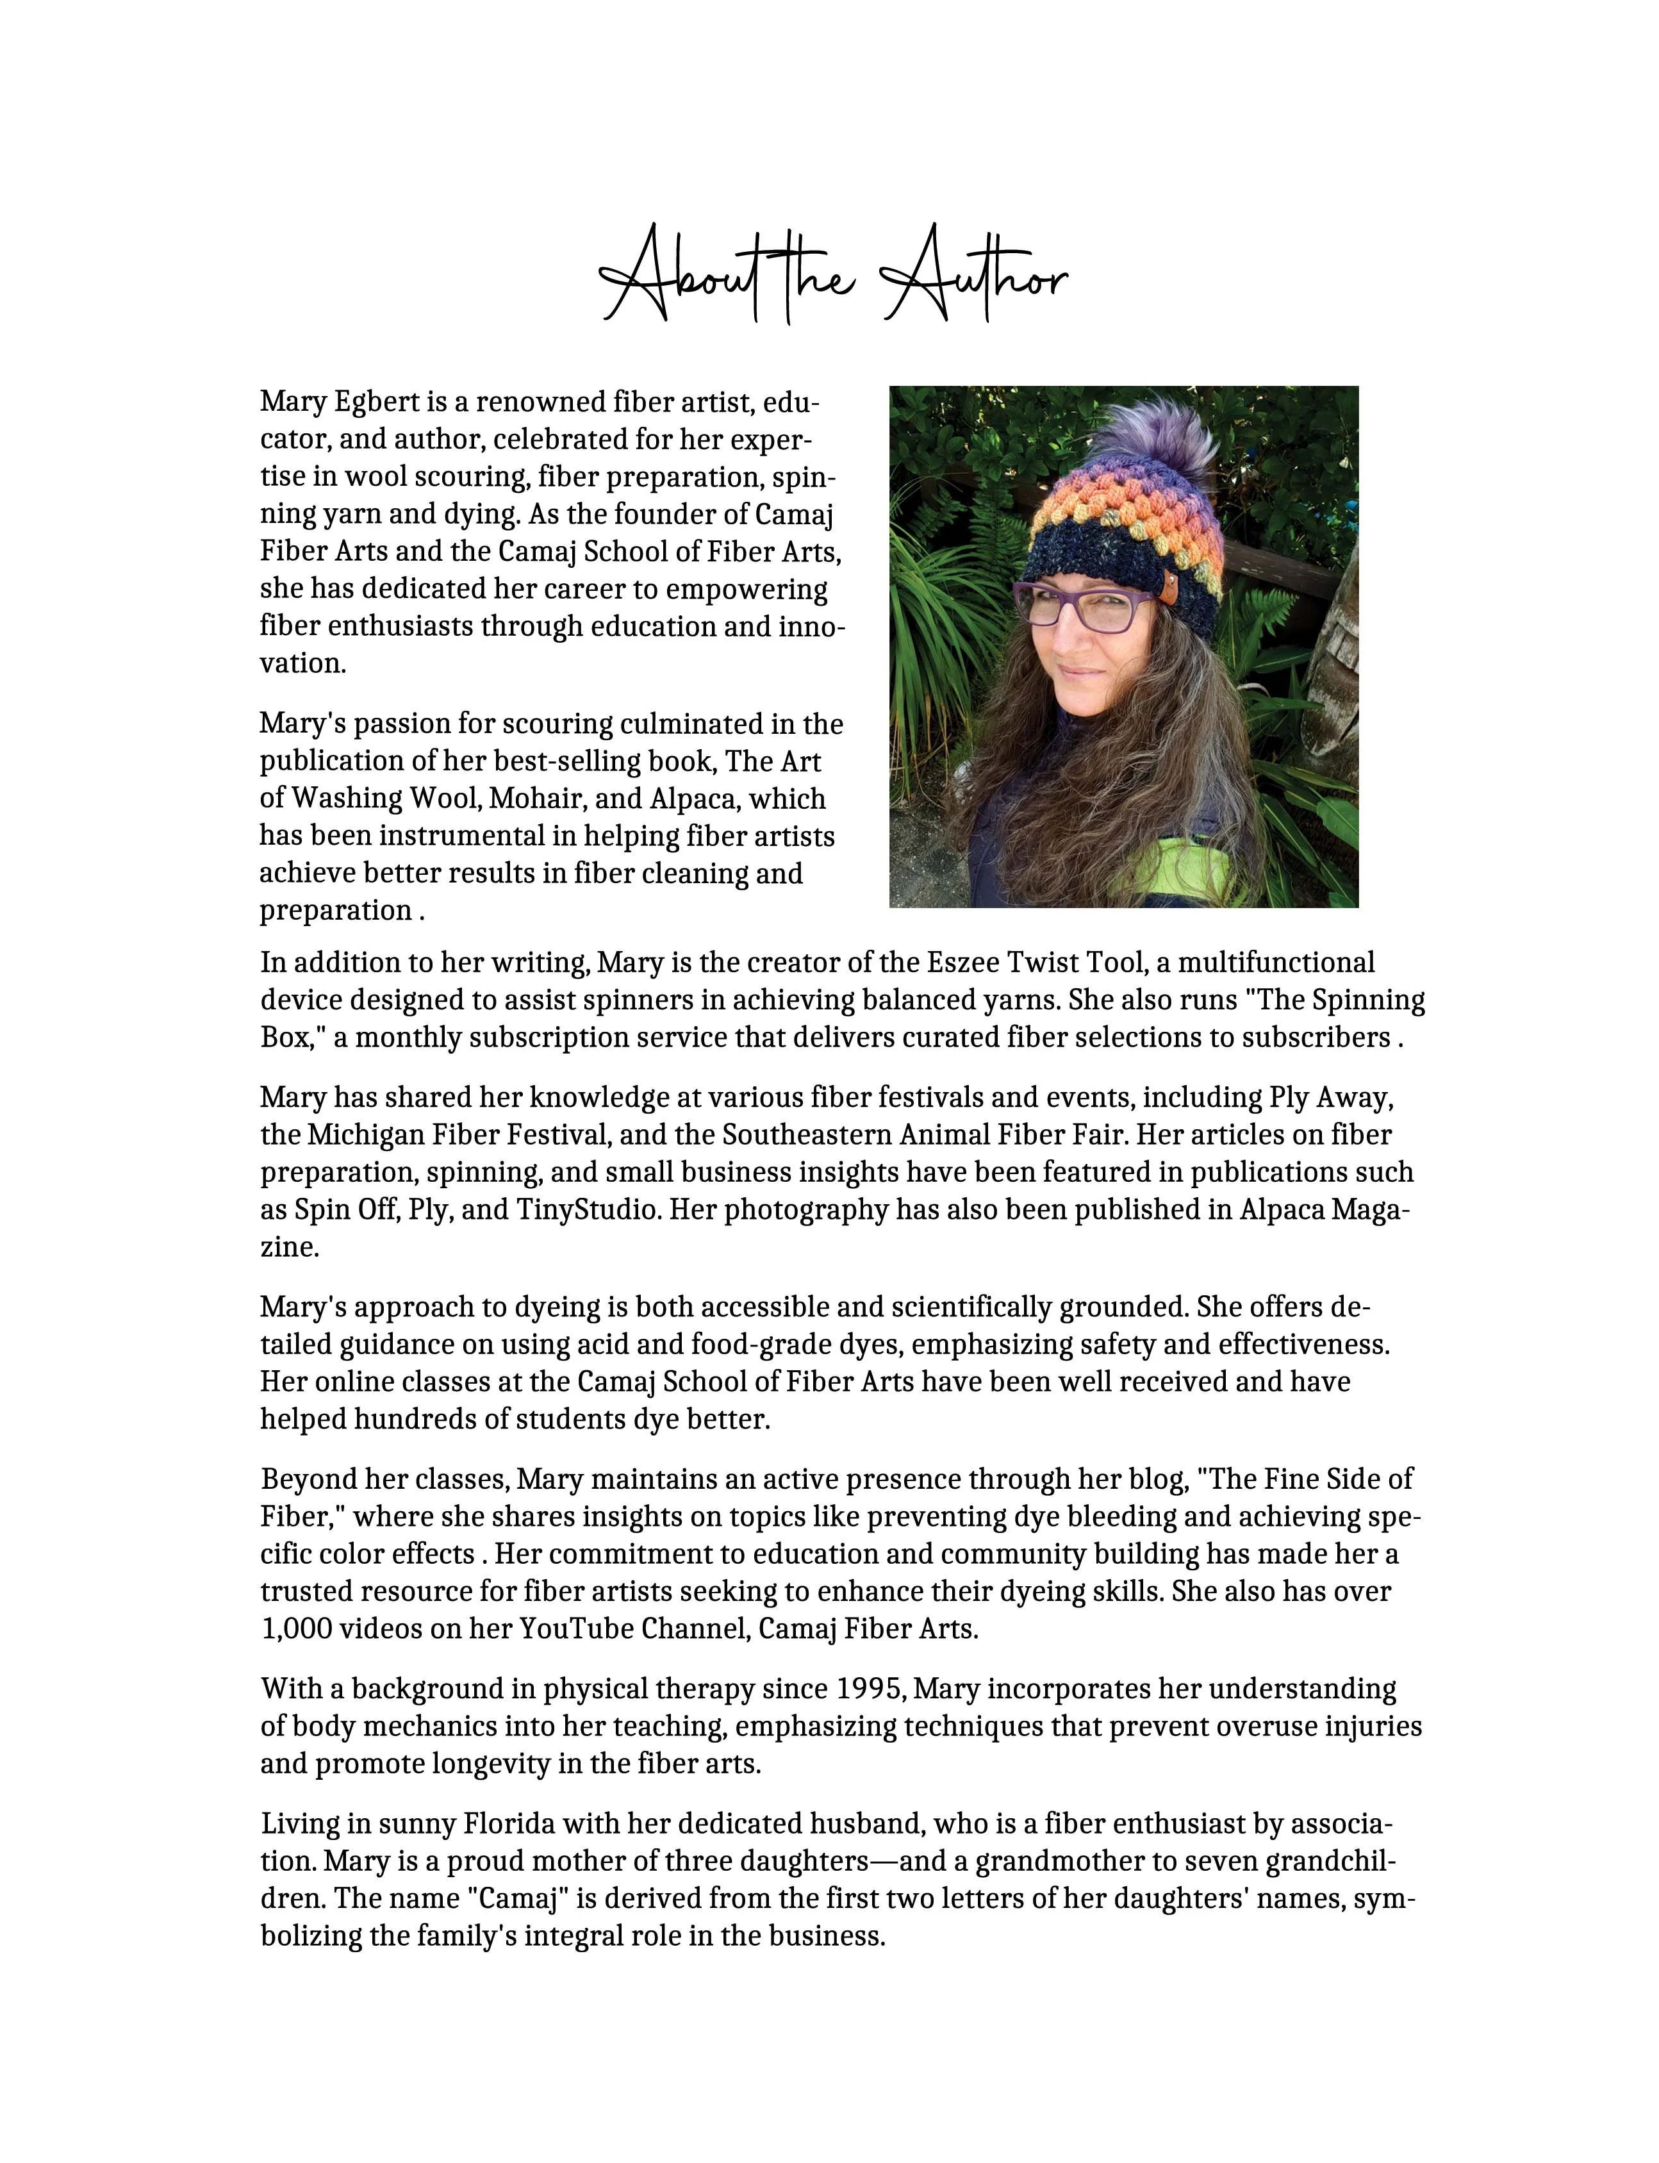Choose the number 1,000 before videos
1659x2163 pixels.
click(x=296, y=1628)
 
